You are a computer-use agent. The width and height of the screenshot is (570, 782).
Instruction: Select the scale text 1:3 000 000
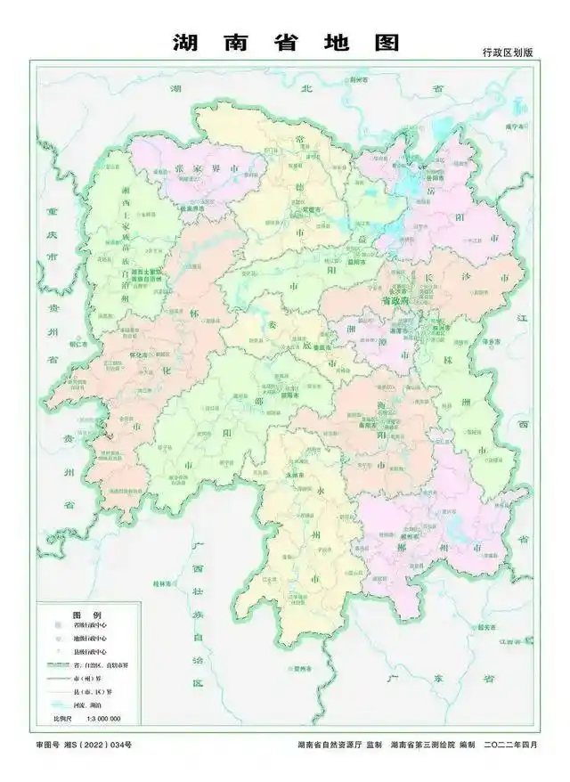coord(102,718)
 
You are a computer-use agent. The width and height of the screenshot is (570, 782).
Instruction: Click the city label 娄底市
coord(326,347)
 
